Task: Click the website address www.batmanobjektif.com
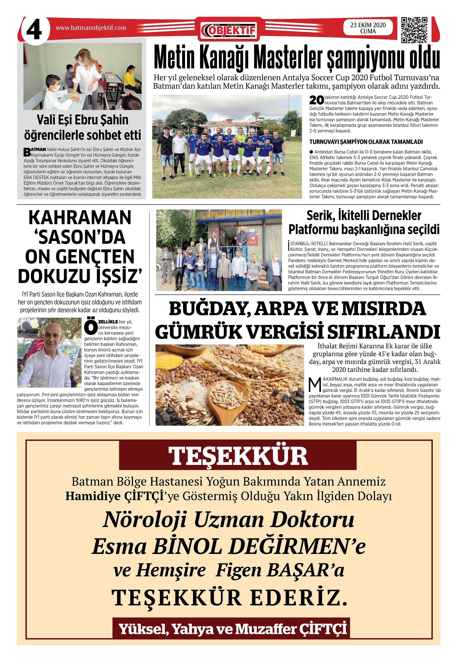[x=91, y=28]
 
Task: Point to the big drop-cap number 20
[x=316, y=100]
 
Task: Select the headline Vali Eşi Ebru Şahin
[x=83, y=120]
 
